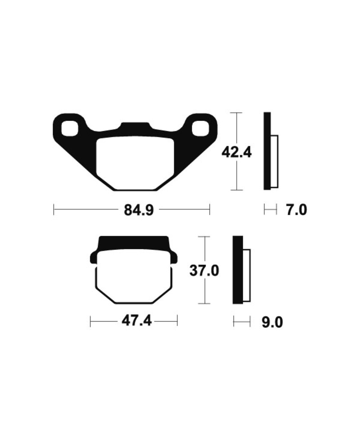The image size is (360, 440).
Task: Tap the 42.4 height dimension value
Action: (x=236, y=152)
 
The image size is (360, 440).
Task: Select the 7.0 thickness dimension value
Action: (x=297, y=210)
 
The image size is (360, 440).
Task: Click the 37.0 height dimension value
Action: (x=205, y=271)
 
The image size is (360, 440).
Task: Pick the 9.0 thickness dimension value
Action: (x=272, y=322)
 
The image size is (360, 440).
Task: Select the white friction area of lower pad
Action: (x=134, y=277)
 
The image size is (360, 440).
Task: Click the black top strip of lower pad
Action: (x=134, y=243)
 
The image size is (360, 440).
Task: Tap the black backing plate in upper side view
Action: (x=267, y=151)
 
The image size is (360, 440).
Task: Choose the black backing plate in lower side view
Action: (x=237, y=270)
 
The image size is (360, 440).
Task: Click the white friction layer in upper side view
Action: (x=274, y=161)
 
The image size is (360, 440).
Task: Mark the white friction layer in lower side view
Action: (x=247, y=275)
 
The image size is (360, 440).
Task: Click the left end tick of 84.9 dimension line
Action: (x=54, y=210)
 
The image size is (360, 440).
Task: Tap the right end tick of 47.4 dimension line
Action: (x=177, y=321)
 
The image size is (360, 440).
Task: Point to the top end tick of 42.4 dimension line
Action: (x=236, y=112)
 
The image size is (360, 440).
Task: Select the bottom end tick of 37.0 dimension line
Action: (x=205, y=303)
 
